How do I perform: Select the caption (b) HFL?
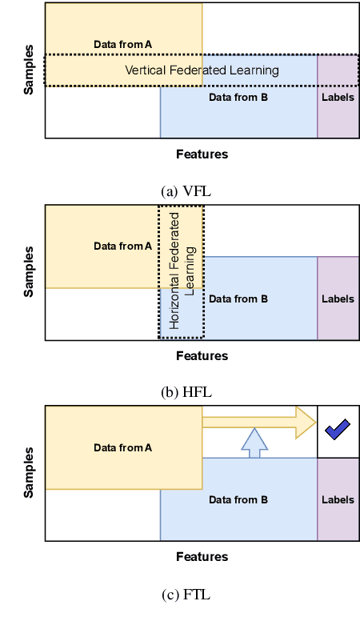186,392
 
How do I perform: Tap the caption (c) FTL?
186,595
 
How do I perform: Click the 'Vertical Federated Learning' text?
202,70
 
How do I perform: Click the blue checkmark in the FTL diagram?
338,431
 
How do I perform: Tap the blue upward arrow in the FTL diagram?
254,443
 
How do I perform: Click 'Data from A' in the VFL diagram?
122,43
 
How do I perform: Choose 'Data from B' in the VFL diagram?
238,98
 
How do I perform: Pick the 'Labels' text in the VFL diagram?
338,98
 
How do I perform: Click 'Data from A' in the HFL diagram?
122,246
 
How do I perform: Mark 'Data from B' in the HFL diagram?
238,299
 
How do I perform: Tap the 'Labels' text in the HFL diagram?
338,299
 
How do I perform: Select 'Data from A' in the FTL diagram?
122,448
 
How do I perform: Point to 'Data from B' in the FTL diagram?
238,500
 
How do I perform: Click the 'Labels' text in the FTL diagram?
338,500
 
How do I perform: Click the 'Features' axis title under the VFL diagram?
202,154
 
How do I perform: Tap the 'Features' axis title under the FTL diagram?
202,557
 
